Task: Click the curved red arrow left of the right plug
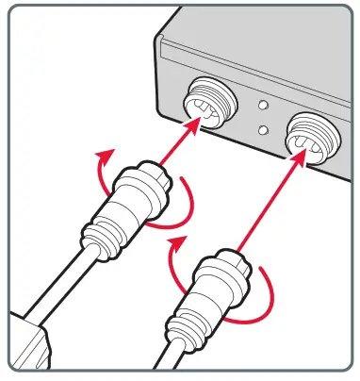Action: coord(176,259)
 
